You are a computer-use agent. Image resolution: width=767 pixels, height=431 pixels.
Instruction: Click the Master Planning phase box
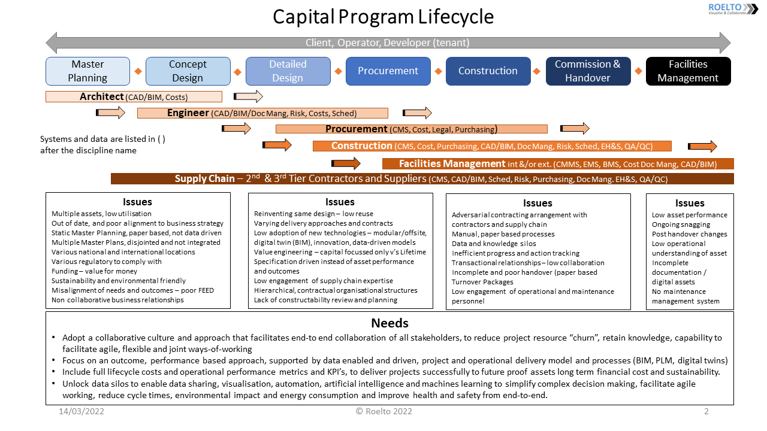[x=87, y=71]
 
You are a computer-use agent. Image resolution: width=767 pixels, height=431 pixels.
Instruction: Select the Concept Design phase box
[x=188, y=71]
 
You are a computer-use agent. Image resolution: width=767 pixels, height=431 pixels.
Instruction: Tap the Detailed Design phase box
[x=288, y=71]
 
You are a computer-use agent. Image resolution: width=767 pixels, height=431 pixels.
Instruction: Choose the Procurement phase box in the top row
[x=388, y=71]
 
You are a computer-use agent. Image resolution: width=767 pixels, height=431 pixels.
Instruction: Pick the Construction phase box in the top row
[x=488, y=71]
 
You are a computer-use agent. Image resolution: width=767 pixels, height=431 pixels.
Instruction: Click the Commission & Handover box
[x=588, y=71]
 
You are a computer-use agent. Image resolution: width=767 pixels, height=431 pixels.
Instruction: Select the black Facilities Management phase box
[x=688, y=71]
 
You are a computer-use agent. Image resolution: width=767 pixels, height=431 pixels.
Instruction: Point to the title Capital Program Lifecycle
[x=383, y=17]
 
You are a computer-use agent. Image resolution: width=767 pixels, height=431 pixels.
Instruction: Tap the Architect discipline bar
[x=134, y=97]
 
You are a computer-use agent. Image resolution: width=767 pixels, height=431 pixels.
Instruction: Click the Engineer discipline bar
[x=262, y=113]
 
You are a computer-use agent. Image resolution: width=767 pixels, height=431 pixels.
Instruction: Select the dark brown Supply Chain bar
[x=422, y=178]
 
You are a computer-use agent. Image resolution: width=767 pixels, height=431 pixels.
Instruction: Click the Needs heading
[x=389, y=323]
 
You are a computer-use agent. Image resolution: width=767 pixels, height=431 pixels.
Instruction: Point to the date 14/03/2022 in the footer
[x=81, y=411]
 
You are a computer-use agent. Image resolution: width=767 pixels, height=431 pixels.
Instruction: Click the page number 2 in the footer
[x=706, y=411]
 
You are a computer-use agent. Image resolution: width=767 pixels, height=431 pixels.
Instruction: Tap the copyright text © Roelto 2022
[x=383, y=411]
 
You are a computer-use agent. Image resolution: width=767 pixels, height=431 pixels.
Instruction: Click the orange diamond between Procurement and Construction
[x=438, y=71]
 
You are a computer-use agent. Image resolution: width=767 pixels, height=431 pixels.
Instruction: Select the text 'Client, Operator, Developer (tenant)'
[x=388, y=43]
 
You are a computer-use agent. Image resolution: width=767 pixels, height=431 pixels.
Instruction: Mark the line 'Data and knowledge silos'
[x=494, y=244]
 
